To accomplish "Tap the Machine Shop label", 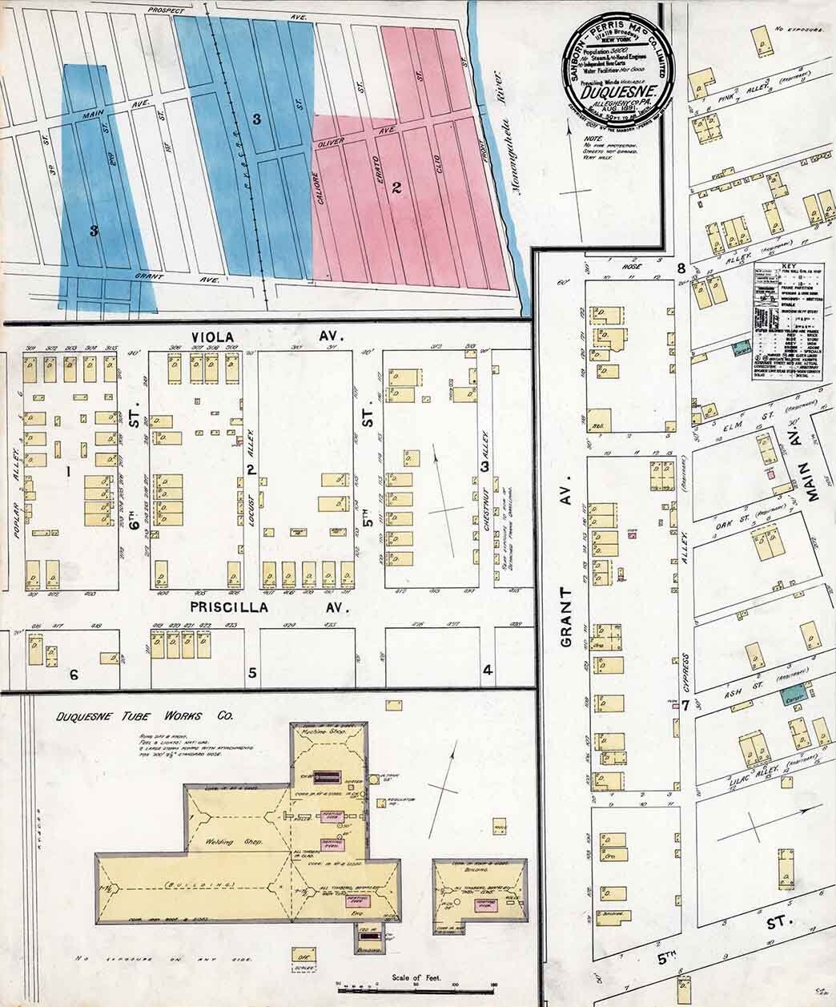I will coord(328,731).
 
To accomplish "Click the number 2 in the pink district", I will coord(396,189).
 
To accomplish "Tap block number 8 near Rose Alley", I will coord(681,268).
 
